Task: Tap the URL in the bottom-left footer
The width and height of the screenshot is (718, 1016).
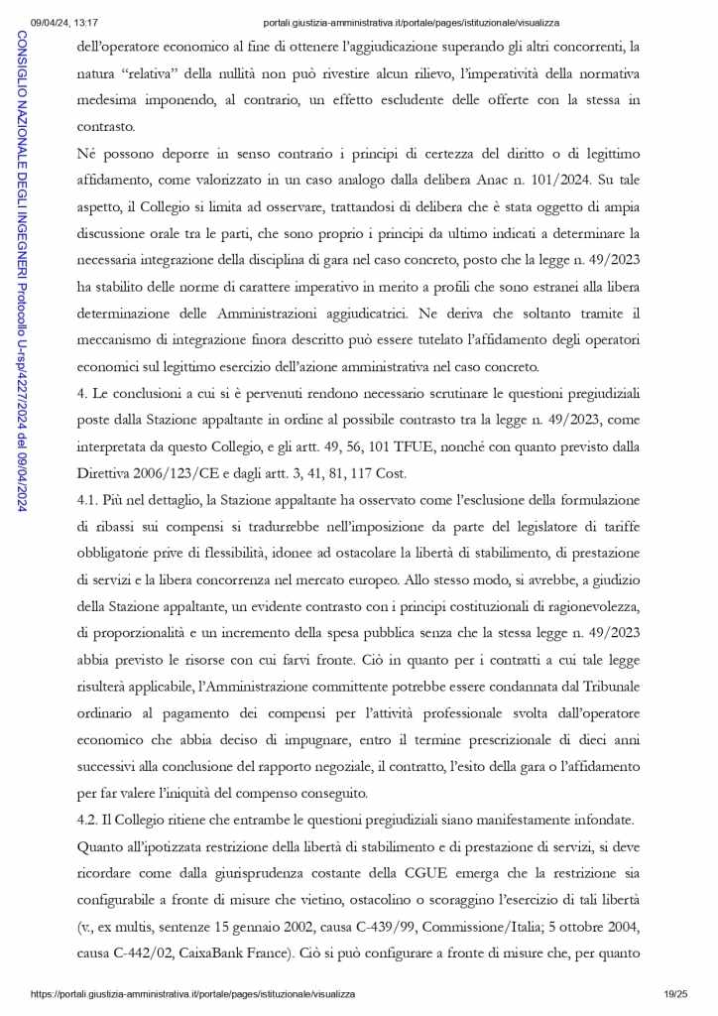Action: tap(192, 993)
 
